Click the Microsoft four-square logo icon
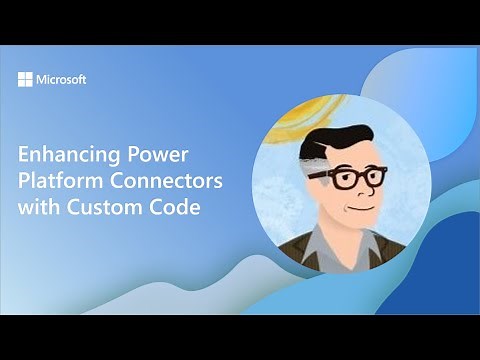(x=25, y=79)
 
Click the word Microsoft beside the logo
(x=61, y=79)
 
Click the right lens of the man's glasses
(x=372, y=178)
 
